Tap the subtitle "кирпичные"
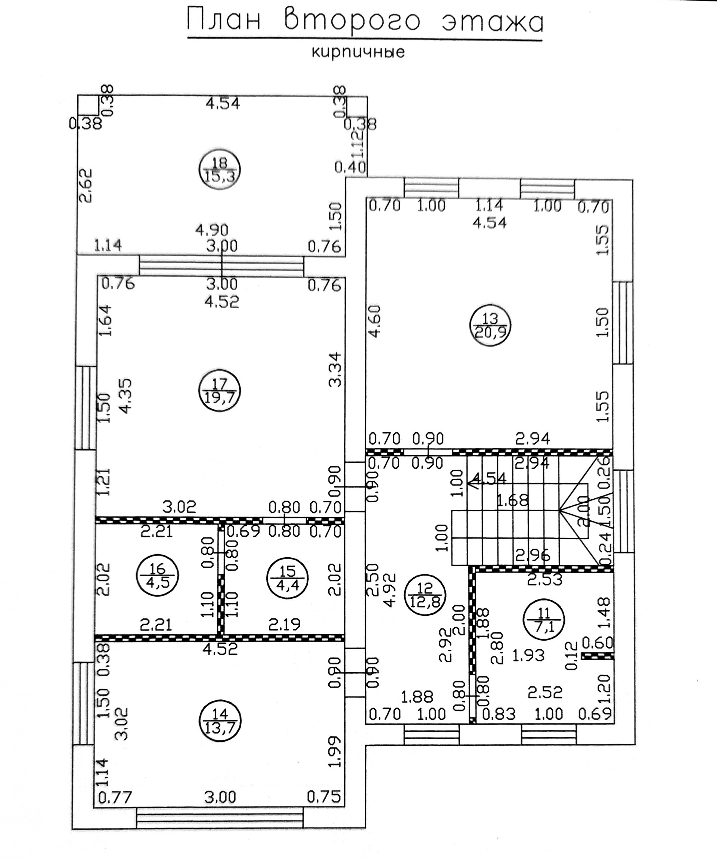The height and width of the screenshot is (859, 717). (x=358, y=52)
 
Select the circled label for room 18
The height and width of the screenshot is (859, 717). (x=220, y=169)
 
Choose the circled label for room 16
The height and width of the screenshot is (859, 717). (x=158, y=575)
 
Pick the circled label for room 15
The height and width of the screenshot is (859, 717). (x=288, y=577)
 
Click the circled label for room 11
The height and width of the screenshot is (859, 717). (x=544, y=619)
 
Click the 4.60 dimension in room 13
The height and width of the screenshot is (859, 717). (x=375, y=321)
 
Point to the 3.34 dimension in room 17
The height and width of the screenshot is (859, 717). (x=335, y=369)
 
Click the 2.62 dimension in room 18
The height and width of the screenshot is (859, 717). (x=86, y=186)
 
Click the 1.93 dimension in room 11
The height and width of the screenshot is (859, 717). (x=528, y=656)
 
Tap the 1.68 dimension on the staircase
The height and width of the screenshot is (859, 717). (x=512, y=500)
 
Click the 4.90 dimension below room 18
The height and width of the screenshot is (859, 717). (x=211, y=230)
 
